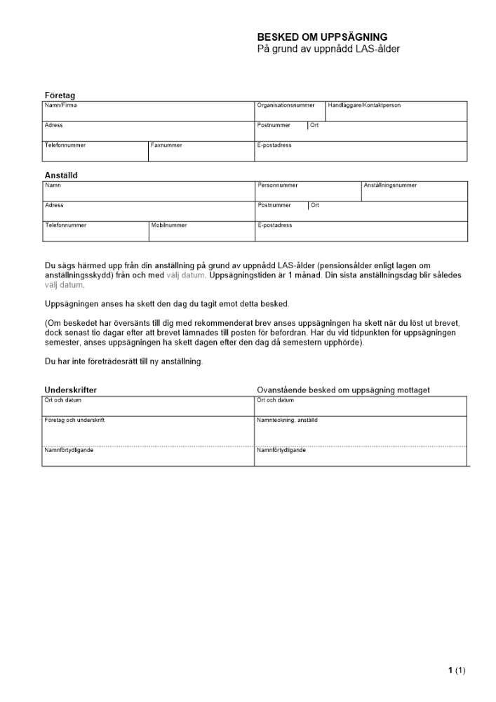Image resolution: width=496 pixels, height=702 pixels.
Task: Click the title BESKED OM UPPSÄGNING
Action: point(322,37)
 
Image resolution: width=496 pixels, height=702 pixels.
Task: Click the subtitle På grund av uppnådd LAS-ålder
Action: point(328,49)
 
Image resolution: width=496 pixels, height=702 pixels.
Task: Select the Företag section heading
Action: point(60,95)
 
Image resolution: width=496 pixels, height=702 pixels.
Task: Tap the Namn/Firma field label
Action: point(61,105)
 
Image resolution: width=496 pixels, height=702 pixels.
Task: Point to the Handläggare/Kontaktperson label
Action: point(364,105)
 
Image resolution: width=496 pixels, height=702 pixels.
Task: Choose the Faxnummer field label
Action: point(166,145)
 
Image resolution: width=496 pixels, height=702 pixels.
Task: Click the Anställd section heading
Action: point(61,175)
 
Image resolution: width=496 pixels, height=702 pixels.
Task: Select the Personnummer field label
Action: point(278,185)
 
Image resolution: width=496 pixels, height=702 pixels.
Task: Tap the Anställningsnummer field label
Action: point(390,185)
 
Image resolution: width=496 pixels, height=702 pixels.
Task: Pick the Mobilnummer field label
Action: point(169,225)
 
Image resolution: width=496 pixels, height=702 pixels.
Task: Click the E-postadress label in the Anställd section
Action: point(274,225)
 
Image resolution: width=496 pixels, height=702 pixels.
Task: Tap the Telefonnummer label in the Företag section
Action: point(65,145)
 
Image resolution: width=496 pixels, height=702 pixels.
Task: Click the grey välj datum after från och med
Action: point(186,276)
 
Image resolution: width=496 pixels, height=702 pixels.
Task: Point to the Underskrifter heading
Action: point(71,390)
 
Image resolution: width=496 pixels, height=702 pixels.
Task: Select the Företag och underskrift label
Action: point(75,420)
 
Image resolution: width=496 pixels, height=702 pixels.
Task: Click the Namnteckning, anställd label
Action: point(288,420)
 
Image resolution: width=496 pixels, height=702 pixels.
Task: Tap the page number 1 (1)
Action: point(457,671)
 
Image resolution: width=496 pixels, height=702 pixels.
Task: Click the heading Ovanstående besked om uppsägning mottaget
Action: point(343,390)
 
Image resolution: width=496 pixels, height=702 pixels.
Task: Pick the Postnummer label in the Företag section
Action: point(274,125)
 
